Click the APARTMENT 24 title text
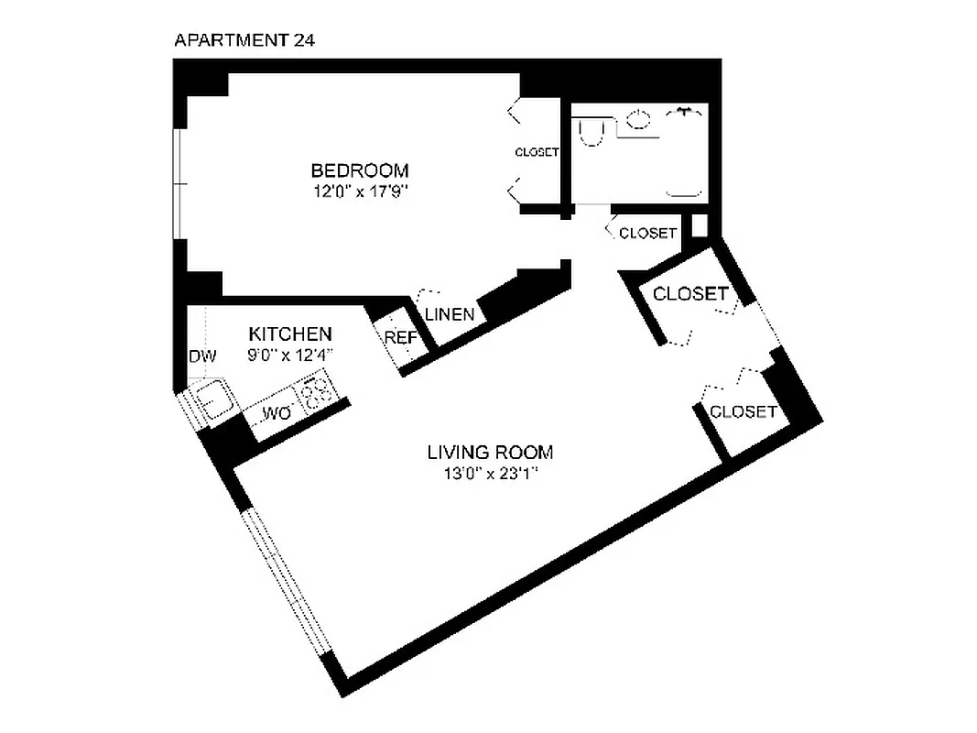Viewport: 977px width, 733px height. [244, 40]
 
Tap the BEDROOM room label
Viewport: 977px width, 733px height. [359, 170]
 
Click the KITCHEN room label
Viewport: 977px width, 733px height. [290, 334]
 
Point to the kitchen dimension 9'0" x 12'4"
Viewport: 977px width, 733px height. [290, 354]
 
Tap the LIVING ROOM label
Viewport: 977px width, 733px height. [491, 452]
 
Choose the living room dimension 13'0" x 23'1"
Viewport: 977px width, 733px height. [491, 474]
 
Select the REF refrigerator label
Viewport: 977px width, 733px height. [400, 337]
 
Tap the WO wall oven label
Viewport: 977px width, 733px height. [277, 415]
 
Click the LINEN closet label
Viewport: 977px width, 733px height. [450, 314]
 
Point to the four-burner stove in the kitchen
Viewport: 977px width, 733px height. [317, 392]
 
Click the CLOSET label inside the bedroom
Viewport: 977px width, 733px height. [537, 152]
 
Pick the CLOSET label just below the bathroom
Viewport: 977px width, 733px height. [647, 234]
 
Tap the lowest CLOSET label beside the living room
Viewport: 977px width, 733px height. [743, 411]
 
